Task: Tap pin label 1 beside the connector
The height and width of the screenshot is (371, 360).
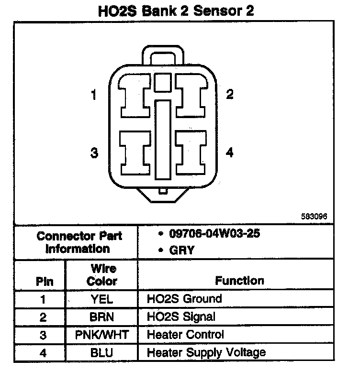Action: click(x=94, y=95)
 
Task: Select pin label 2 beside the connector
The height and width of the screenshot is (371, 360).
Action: click(x=230, y=94)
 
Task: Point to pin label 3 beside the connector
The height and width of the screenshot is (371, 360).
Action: click(x=94, y=153)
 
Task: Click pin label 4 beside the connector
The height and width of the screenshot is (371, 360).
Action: click(x=230, y=153)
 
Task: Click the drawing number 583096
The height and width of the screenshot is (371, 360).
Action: click(x=314, y=216)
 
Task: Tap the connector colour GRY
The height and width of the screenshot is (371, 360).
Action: click(x=182, y=250)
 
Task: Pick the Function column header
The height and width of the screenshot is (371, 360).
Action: click(x=239, y=281)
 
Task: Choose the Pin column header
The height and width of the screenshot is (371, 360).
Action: click(x=45, y=282)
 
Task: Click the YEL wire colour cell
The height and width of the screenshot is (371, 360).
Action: click(x=102, y=299)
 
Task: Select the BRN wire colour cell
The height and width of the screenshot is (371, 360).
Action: click(x=101, y=316)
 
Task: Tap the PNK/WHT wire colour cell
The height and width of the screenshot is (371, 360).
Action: click(x=101, y=334)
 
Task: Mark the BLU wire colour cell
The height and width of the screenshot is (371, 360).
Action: click(x=101, y=352)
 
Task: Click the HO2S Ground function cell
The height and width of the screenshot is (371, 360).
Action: click(x=184, y=299)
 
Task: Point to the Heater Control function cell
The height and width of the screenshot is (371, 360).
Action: click(x=185, y=334)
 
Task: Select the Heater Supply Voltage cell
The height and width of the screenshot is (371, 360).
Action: click(x=206, y=353)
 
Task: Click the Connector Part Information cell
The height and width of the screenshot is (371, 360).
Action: click(x=79, y=242)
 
